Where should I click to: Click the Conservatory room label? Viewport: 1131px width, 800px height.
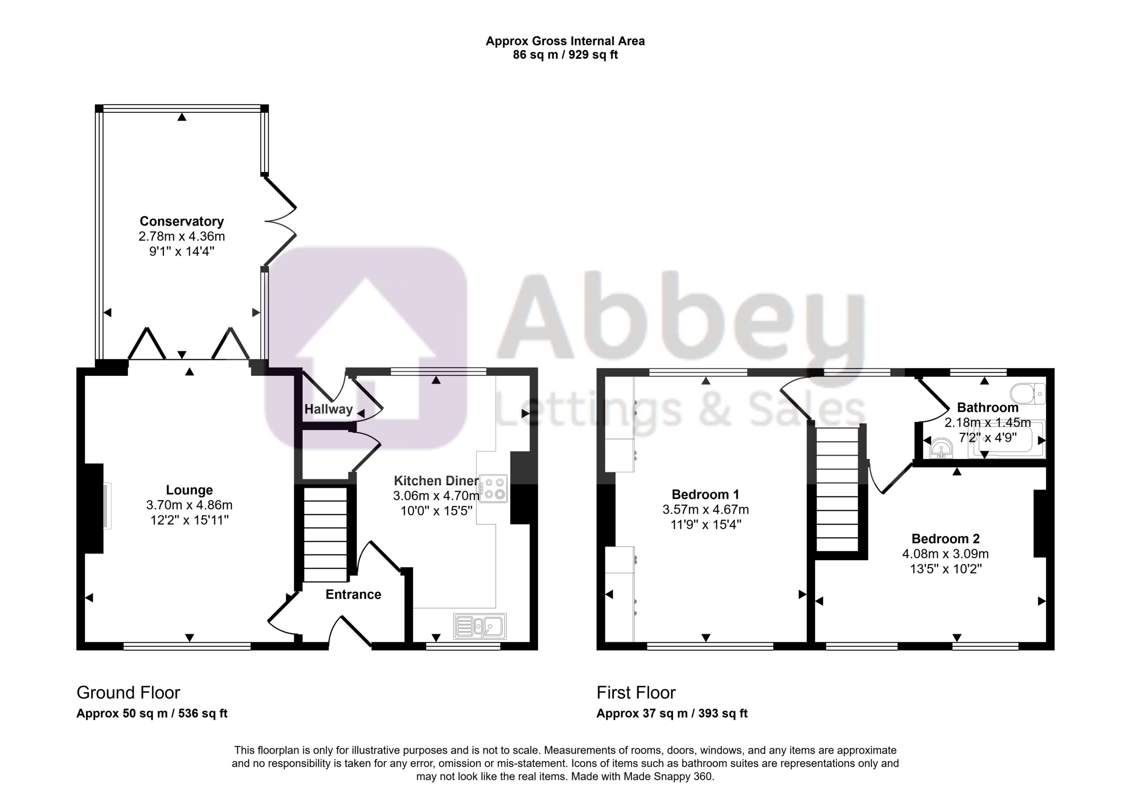[182, 221]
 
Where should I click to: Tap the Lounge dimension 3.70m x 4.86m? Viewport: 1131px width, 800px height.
[189, 505]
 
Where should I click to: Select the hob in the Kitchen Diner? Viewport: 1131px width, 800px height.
[493, 489]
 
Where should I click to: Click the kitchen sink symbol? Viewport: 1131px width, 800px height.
[480, 626]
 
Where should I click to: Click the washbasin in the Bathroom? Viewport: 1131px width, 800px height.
[941, 448]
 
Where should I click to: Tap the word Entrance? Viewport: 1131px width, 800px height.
[353, 594]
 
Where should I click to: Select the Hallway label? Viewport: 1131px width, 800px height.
[329, 409]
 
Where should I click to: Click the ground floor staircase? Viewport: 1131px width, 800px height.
[325, 535]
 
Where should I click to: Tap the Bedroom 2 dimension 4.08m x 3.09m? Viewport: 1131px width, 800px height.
[945, 554]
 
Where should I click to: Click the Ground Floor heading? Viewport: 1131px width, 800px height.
[128, 693]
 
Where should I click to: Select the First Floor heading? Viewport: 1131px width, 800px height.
[636, 693]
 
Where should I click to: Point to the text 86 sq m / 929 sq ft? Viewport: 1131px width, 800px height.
[565, 55]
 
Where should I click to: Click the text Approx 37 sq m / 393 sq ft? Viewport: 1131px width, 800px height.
[672, 713]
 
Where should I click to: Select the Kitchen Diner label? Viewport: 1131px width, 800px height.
[436, 481]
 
